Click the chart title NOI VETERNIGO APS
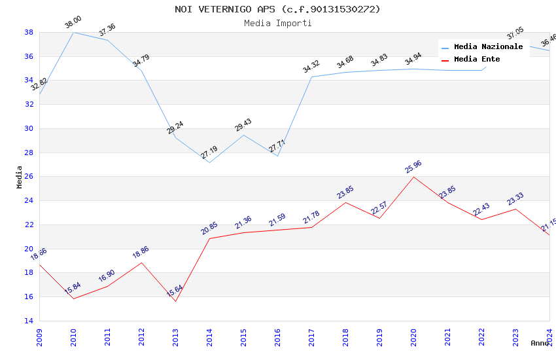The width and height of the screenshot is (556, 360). pyautogui.click(x=277, y=9)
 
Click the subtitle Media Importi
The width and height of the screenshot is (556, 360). pyautogui.click(x=277, y=23)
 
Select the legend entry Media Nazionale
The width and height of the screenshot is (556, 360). pyautogui.click(x=488, y=47)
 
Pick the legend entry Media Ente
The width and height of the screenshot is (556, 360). pyautogui.click(x=477, y=59)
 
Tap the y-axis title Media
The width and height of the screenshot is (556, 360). pyautogui.click(x=20, y=176)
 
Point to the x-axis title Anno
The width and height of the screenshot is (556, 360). pyautogui.click(x=540, y=343)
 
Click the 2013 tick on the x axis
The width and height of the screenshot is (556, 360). pyautogui.click(x=175, y=334)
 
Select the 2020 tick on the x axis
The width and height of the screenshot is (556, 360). pyautogui.click(x=413, y=334)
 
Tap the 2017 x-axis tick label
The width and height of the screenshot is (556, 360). pyautogui.click(x=311, y=334)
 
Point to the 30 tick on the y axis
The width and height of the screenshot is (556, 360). pyautogui.click(x=29, y=128)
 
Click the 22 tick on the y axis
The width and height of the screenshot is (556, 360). pyautogui.click(x=29, y=225)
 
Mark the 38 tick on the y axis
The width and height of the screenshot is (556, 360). pyautogui.click(x=29, y=32)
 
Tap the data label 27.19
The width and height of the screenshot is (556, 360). pyautogui.click(x=209, y=153)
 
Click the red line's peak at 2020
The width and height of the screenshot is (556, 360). pyautogui.click(x=413, y=177)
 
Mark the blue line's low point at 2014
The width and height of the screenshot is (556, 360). pyautogui.click(x=209, y=162)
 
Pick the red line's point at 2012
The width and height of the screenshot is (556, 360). pyautogui.click(x=141, y=262)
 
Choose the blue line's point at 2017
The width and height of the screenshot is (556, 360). pyautogui.click(x=311, y=77)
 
